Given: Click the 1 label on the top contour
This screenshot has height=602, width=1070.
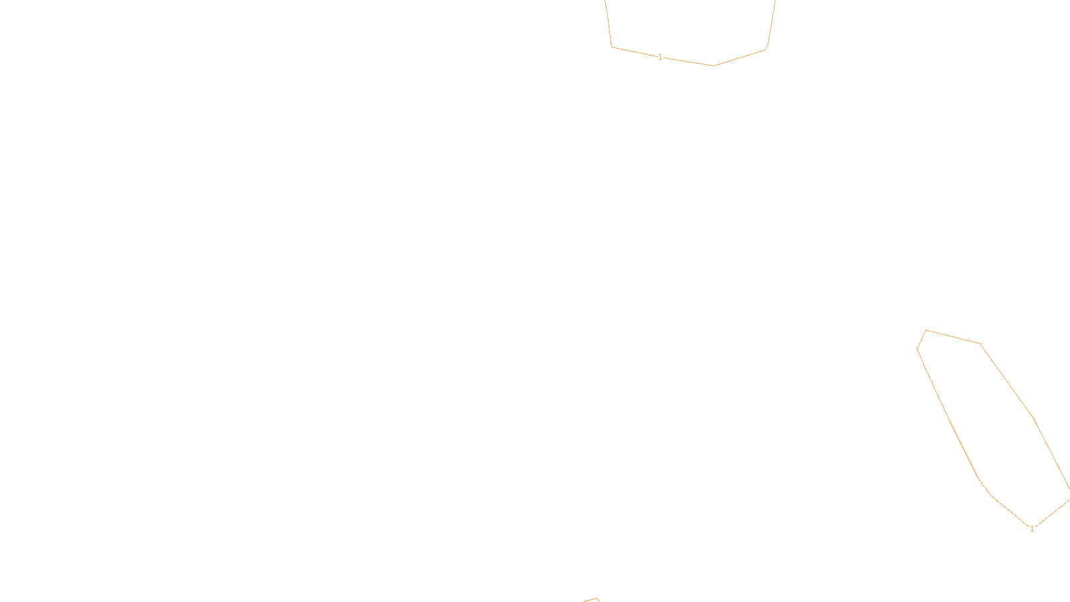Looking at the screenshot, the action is pyautogui.click(x=660, y=57).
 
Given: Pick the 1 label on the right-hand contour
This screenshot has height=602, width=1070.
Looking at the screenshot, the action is pyautogui.click(x=1032, y=528).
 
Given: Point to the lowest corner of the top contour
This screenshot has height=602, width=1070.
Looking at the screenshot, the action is pyautogui.click(x=714, y=66).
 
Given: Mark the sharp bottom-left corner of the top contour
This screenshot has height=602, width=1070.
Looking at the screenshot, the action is pyautogui.click(x=612, y=47).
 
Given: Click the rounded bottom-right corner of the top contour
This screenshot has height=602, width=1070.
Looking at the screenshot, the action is pyautogui.click(x=766, y=49).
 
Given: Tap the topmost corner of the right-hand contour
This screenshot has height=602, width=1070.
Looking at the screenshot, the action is pyautogui.click(x=926, y=330).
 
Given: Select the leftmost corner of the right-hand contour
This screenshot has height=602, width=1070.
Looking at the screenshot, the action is pyautogui.click(x=917, y=348).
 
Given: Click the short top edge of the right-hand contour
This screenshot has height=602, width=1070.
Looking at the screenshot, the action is pyautogui.click(x=953, y=336).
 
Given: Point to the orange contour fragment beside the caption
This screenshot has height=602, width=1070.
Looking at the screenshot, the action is pyautogui.click(x=591, y=600).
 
